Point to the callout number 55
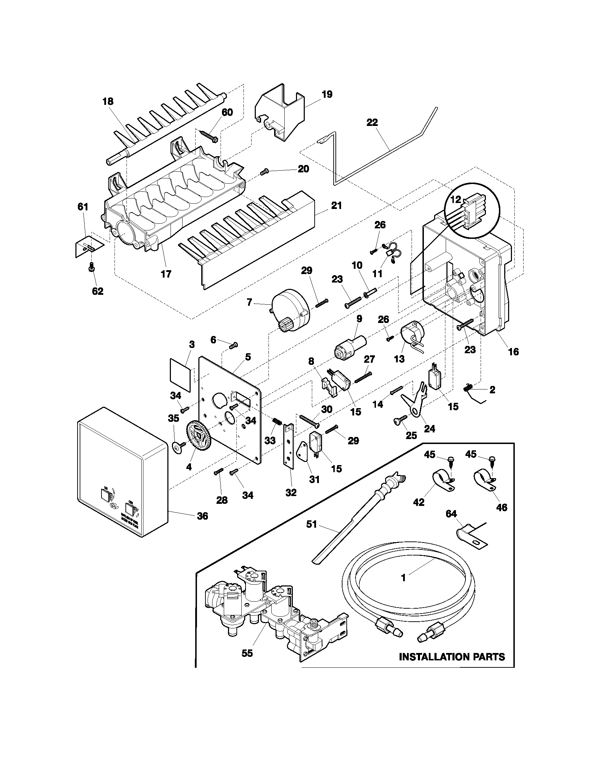[247, 653]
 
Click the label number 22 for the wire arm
[372, 123]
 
